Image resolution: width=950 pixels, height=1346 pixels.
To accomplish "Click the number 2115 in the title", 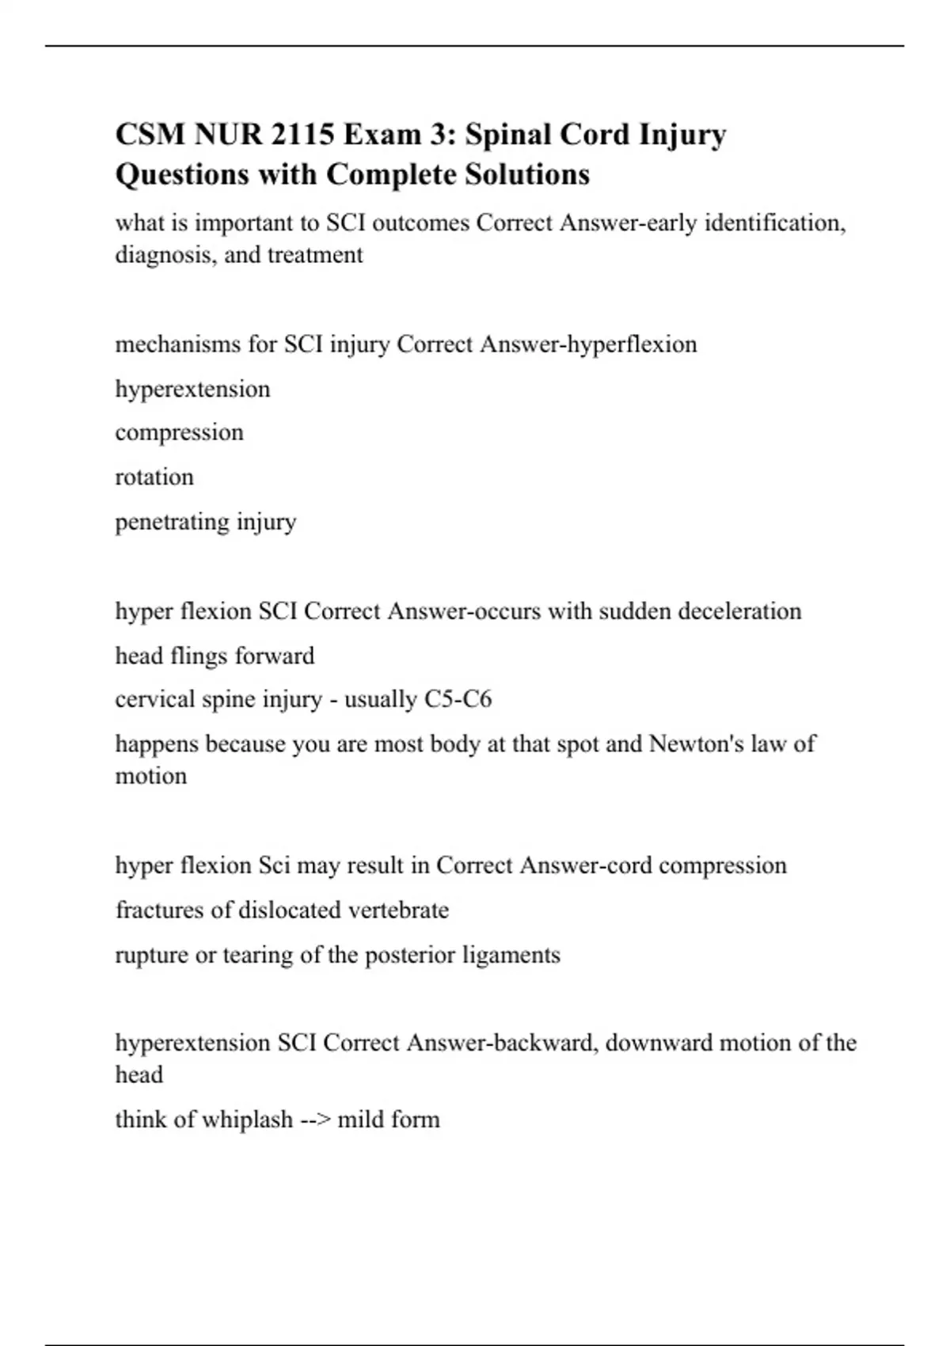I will pyautogui.click(x=302, y=135).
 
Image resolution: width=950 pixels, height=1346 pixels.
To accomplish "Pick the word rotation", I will pyautogui.click(x=154, y=477).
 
